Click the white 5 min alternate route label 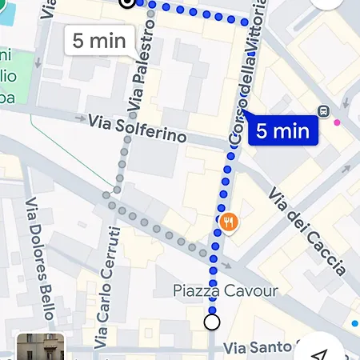tap(98, 40)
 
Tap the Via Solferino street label tap(138, 129)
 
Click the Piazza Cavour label tap(226, 290)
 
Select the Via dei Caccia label tap(307, 231)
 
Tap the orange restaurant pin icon tap(229, 222)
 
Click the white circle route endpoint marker tap(212, 322)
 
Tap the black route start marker tap(126, 2)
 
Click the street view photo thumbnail tap(40, 347)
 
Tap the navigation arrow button tap(321, 352)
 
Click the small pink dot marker tap(337, 122)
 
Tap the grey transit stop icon tap(324, 111)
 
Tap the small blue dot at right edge tap(354, 323)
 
